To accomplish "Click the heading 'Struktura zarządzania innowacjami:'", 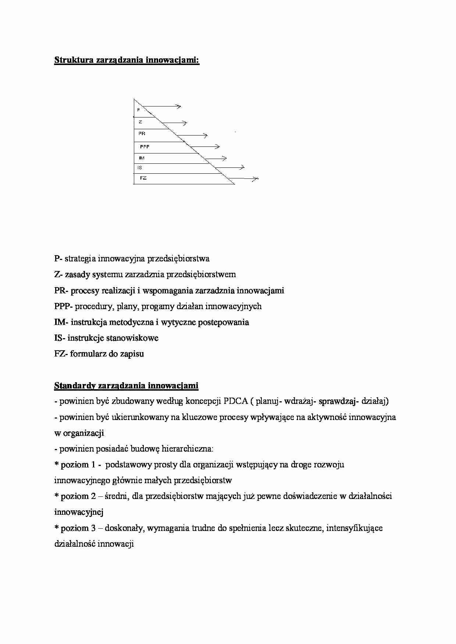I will click(x=127, y=61).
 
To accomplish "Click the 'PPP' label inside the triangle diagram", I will click(x=145, y=147).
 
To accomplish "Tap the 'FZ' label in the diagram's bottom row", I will click(x=143, y=178).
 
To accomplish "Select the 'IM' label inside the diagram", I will click(x=142, y=158).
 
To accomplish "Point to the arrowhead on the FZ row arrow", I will click(x=256, y=179).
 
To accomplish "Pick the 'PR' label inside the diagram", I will click(x=142, y=134).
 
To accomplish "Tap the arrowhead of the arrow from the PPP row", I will click(x=217, y=147).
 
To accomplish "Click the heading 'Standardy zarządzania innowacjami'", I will click(x=126, y=386).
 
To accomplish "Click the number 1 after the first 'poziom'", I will click(x=93, y=465).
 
